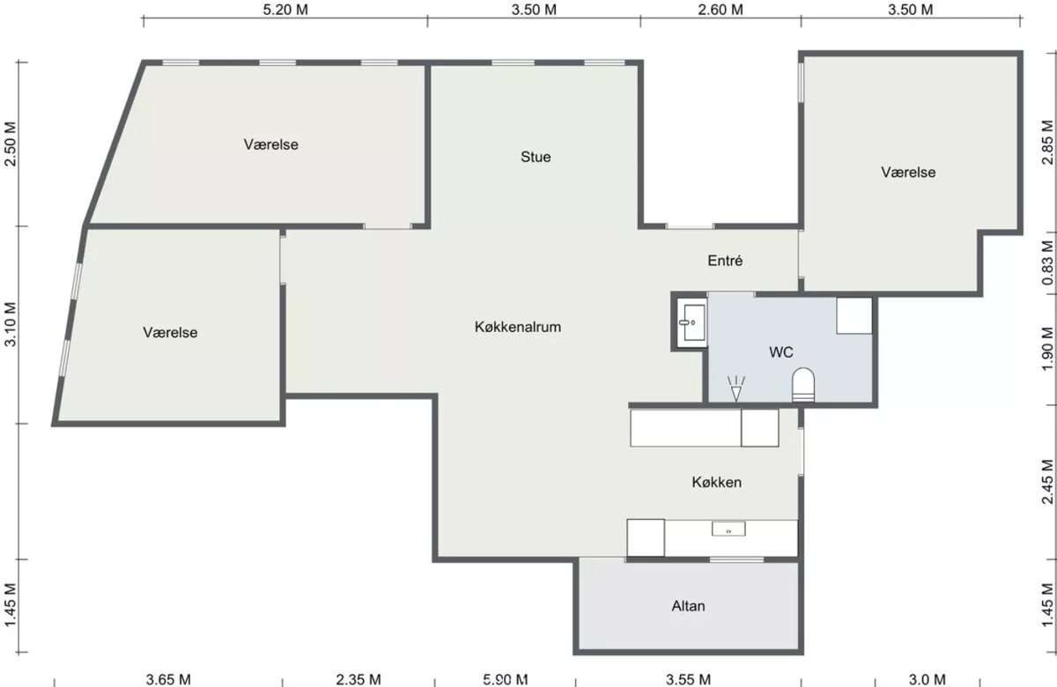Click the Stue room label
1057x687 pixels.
tap(536, 157)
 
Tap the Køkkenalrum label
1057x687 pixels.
tap(518, 327)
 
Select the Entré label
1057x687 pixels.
tap(725, 261)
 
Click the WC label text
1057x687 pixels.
tap(781, 352)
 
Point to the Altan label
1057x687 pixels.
tap(688, 605)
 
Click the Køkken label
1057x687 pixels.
tap(716, 482)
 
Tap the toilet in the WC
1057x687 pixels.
tap(803, 385)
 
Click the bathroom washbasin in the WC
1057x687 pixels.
tap(692, 322)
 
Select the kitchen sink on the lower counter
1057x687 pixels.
tap(728, 528)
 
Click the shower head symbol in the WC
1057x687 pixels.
tap(735, 388)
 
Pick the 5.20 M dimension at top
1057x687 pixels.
tap(285, 10)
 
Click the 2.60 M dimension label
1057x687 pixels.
tap(721, 10)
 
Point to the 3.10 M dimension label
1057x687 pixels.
tap(11, 324)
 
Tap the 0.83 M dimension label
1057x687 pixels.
tap(1047, 262)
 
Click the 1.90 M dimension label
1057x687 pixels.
tap(1047, 350)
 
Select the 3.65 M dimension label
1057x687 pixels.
tap(168, 679)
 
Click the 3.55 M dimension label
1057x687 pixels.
tap(688, 679)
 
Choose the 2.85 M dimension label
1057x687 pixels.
tap(1047, 143)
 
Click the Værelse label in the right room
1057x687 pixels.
tap(908, 172)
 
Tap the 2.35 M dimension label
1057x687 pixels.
tap(358, 679)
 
